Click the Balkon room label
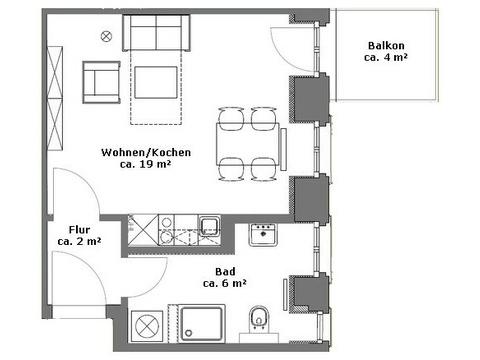click(386, 45)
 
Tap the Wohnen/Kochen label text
click(146, 152)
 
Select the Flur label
click(79, 230)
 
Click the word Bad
click(225, 271)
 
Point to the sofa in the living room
click(156, 33)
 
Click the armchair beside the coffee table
click(101, 82)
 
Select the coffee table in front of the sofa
click(156, 82)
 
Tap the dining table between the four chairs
click(247, 144)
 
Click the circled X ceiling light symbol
click(106, 36)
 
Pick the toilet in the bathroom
click(259, 318)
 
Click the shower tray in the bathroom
click(201, 323)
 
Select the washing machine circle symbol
click(146, 326)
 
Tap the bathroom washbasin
click(263, 235)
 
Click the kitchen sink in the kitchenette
click(209, 226)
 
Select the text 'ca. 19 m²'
click(145, 164)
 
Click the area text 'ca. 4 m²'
click(386, 57)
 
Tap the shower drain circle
click(189, 333)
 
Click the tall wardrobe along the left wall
click(55, 98)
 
